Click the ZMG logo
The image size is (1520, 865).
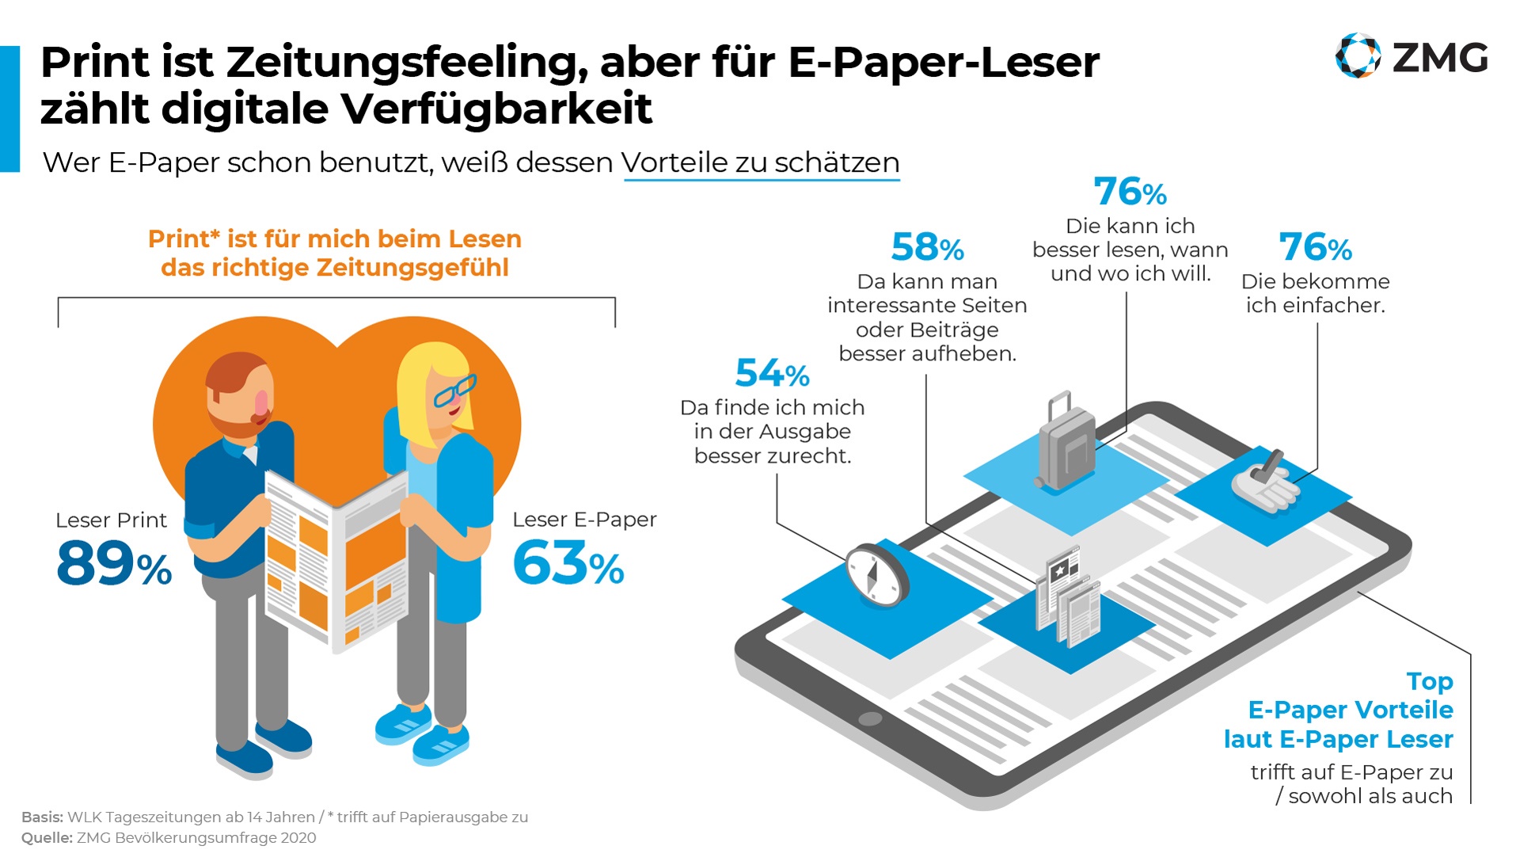[x=1411, y=57]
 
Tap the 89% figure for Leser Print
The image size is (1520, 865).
[x=114, y=564]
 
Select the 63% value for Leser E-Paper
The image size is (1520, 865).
[x=568, y=564]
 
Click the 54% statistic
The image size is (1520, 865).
[x=772, y=373]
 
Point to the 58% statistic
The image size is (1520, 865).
[x=927, y=247]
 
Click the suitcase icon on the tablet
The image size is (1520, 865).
[x=1066, y=442]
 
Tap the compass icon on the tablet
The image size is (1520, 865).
[x=876, y=574]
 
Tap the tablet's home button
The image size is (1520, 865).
[x=870, y=719]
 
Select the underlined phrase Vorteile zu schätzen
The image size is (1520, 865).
[x=761, y=162]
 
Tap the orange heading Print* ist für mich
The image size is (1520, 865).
[x=334, y=253]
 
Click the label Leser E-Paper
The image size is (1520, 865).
[x=584, y=520]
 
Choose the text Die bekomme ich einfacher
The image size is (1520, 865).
[x=1315, y=293]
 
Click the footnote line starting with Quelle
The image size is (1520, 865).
[x=169, y=838]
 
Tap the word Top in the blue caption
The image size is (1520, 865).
[x=1429, y=681]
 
